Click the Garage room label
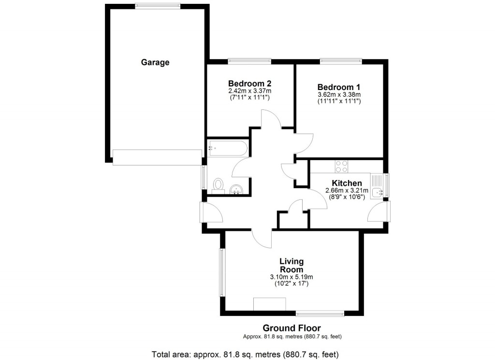[155, 62]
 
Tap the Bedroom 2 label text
[249, 83]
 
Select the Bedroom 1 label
[339, 87]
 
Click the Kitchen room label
[347, 183]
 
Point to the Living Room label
[291, 266]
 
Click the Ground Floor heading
[291, 329]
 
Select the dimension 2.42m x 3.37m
[249, 90]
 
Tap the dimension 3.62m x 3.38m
[339, 94]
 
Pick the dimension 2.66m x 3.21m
[347, 191]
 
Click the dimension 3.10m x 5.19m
[291, 277]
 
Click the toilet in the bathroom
[218, 185]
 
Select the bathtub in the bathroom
[228, 148]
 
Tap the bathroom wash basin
[237, 190]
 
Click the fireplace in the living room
[269, 304]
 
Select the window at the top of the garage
[158, 6]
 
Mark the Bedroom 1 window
[340, 61]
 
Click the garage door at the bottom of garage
[157, 157]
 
